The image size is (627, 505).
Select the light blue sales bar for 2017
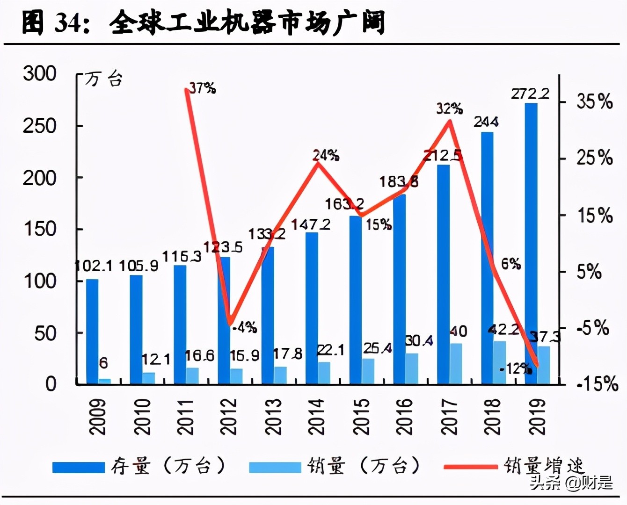tap(456, 364)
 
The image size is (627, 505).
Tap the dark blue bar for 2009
tap(92, 332)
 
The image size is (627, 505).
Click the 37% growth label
tap(202, 87)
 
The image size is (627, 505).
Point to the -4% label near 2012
tap(245, 327)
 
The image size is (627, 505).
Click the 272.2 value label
tap(530, 94)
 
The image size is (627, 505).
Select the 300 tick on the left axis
tap(40, 74)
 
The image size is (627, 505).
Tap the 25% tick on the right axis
tap(594, 158)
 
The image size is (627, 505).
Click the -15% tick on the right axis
tap(597, 384)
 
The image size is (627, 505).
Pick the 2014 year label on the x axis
tap(316, 417)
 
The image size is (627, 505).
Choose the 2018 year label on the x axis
tap(493, 417)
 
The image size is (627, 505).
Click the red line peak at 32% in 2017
tap(450, 121)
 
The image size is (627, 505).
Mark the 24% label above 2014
tap(326, 155)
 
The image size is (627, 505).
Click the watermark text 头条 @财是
tap(571, 482)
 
